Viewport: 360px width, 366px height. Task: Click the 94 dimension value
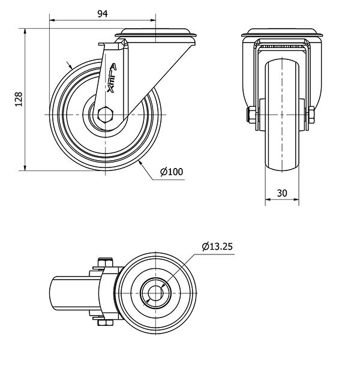103,14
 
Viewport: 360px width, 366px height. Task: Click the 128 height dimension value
19,99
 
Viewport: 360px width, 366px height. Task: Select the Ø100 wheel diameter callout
172,172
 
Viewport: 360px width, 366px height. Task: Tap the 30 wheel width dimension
282,193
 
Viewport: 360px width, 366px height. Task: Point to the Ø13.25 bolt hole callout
217,247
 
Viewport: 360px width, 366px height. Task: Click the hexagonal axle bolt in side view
106,115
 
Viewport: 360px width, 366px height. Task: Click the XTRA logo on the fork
112,78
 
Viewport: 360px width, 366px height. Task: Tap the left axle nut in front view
251,115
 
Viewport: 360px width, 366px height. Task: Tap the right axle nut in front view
311,115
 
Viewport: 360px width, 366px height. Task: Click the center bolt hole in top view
155,293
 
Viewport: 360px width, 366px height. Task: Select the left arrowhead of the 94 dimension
52,20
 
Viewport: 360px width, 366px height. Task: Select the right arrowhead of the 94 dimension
153,20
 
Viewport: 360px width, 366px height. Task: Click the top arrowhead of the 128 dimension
25,31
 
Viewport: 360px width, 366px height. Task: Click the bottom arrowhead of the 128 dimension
25,168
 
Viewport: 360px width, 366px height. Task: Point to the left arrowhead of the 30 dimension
268,200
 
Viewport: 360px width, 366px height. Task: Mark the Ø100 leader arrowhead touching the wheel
140,163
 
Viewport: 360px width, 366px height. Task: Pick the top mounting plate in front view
282,33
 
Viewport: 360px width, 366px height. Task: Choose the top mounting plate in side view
155,33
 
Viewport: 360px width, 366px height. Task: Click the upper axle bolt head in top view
105,262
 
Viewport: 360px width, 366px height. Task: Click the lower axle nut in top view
105,323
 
